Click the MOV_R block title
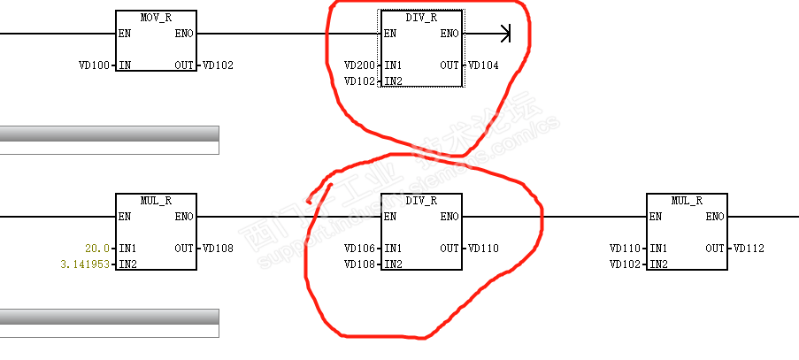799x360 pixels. tap(156, 18)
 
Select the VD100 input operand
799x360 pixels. tap(94, 65)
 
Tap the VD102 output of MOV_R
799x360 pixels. tap(219, 65)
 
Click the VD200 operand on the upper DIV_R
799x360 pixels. tap(359, 65)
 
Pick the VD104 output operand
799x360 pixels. tap(484, 65)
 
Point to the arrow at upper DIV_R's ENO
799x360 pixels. tap(505, 34)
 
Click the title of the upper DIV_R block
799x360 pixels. tap(421, 18)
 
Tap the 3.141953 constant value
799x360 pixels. tap(87, 264)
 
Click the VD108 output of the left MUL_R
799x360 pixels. tap(219, 249)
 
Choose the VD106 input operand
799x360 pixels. tap(359, 249)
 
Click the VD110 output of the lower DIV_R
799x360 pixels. tap(484, 249)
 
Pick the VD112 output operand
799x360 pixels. tap(749, 249)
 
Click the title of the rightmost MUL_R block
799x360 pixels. tap(687, 201)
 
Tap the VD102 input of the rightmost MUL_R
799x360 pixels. tap(625, 264)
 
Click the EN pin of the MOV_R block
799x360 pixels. tap(124, 34)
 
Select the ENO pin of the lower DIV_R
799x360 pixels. tap(449, 217)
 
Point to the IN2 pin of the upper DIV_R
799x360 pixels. tap(394, 81)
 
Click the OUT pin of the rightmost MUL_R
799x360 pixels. tap(715, 249)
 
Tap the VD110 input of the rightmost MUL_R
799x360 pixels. tap(625, 249)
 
